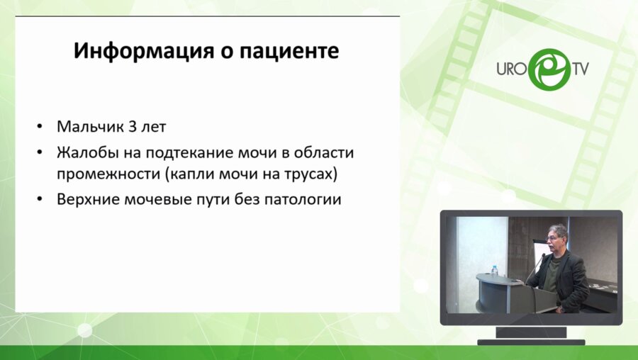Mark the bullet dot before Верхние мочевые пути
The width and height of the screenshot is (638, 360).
coord(39,200)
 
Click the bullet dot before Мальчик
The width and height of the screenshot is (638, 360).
coord(39,128)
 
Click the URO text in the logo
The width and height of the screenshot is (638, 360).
coord(510,69)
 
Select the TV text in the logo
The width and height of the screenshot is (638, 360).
coord(581,69)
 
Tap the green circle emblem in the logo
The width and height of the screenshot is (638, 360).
coord(547,69)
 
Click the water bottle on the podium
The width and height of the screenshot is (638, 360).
coord(494,270)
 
